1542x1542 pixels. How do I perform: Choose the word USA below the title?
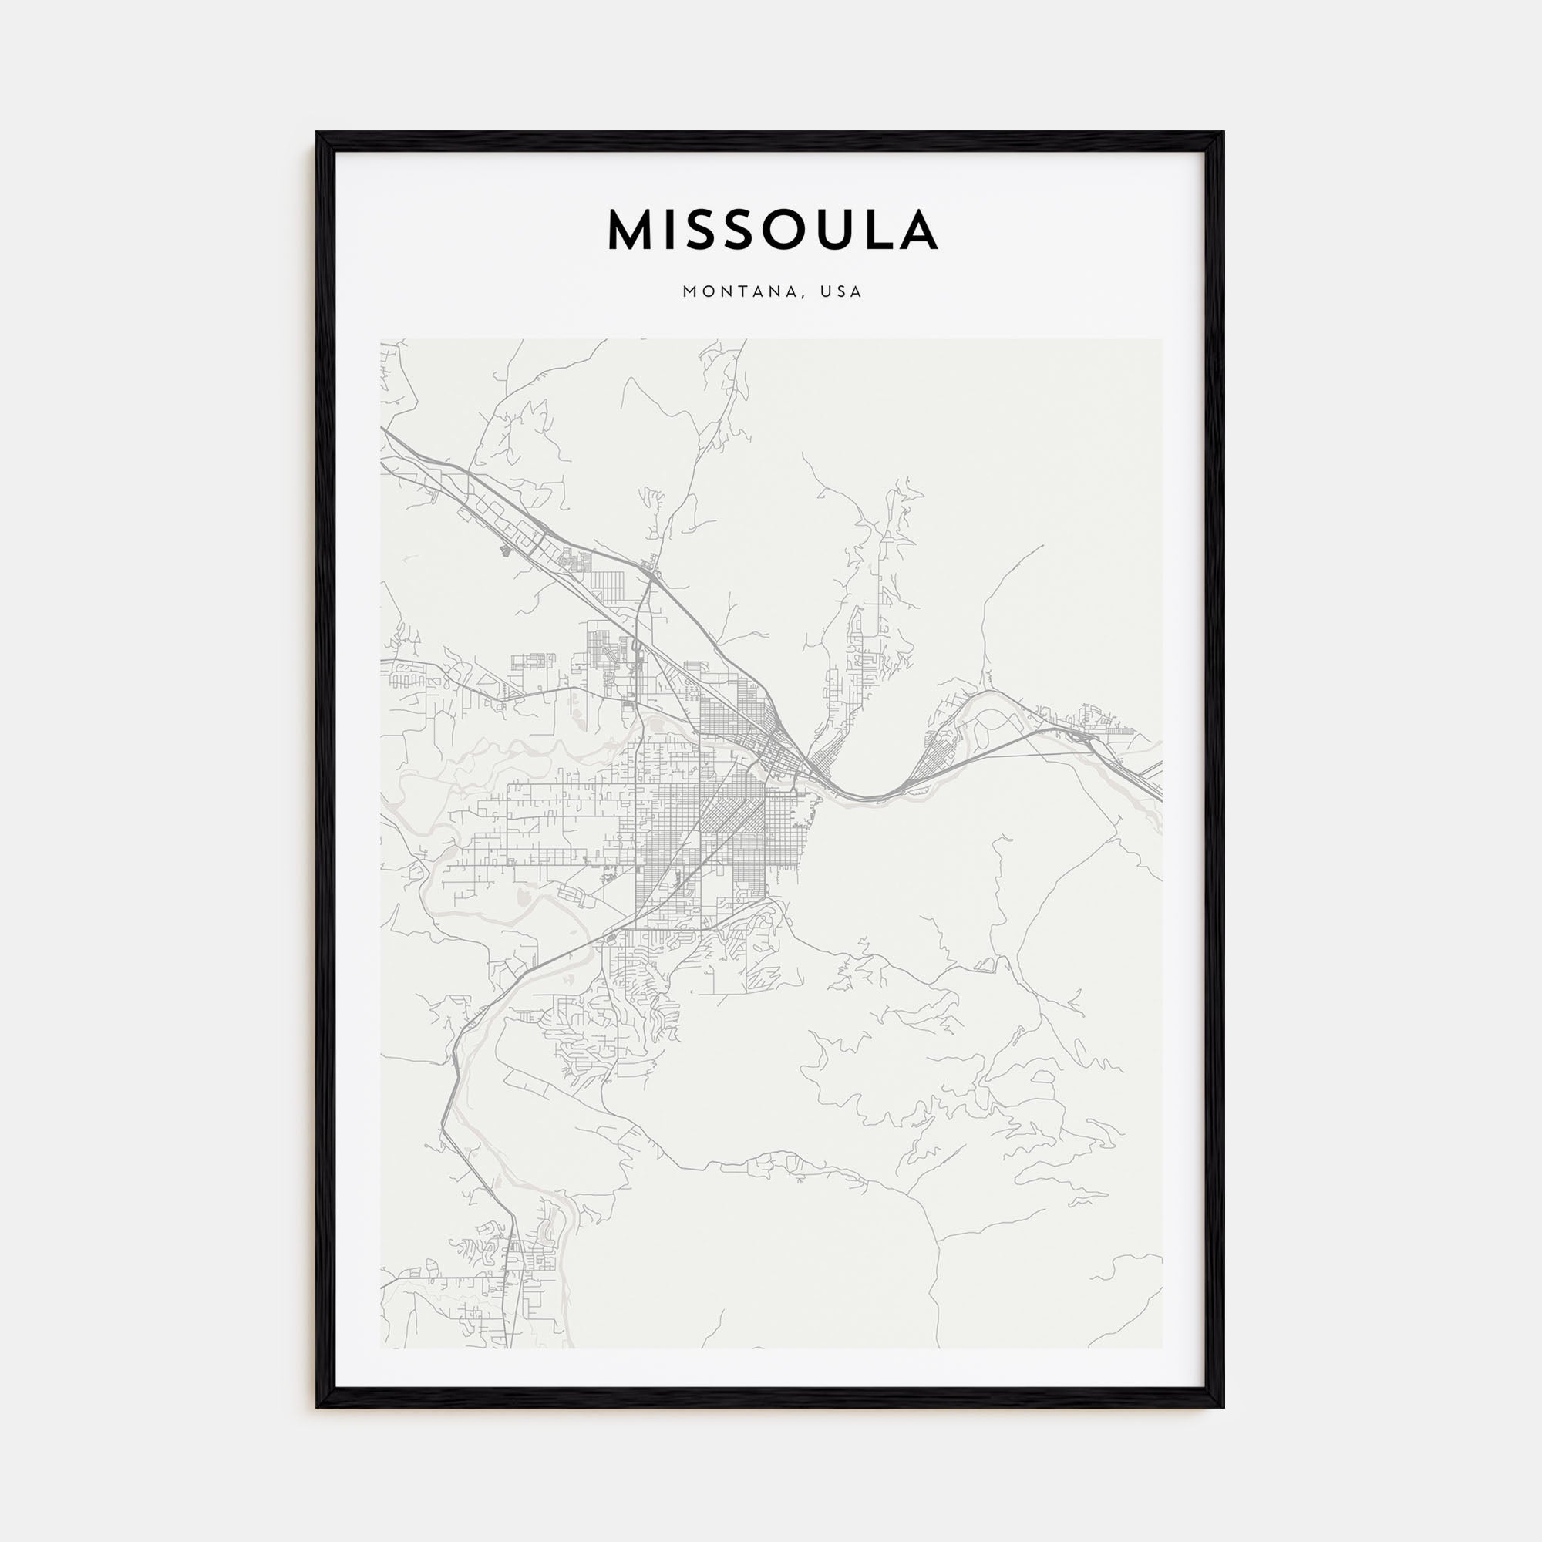[845, 292]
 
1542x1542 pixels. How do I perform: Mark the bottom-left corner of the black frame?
[318, 1406]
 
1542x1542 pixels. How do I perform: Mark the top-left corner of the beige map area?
[382, 340]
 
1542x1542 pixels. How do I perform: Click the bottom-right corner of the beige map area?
[1161, 1348]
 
